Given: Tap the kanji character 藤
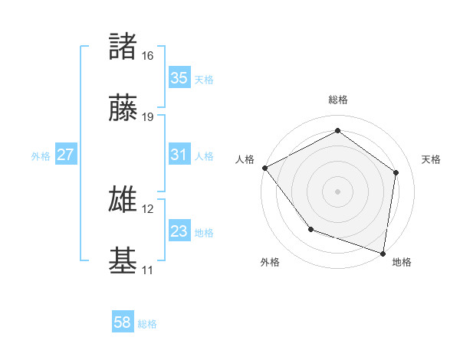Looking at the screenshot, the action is point(123,109).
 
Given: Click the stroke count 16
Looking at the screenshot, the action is point(148,56).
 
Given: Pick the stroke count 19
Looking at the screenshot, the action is point(148,117).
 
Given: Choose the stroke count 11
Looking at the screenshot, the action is point(148,270).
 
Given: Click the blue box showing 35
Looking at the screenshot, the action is point(179,78).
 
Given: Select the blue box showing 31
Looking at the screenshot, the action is point(179,155).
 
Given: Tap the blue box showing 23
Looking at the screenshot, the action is point(179,231).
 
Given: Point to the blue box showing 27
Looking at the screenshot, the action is point(66,155).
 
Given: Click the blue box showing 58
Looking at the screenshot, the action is point(123,323).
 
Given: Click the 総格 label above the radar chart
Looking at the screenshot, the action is point(338,100).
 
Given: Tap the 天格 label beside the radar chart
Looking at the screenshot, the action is point(431,159).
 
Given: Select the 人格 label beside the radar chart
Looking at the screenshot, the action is point(245,159).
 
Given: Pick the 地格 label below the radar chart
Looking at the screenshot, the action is point(402,262).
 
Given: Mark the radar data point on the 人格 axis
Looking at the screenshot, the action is point(264,168).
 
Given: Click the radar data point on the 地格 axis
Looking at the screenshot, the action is point(383,252).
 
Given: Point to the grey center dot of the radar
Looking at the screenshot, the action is point(338,191).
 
